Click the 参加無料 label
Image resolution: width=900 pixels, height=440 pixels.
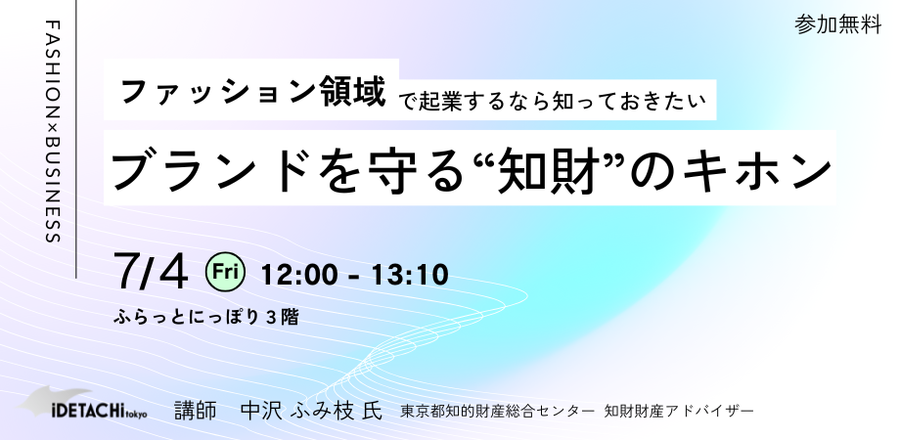point(837,24)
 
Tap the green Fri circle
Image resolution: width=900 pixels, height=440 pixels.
point(226,272)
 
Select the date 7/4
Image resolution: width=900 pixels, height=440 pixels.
point(152,272)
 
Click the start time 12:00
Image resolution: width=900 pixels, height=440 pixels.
point(298,275)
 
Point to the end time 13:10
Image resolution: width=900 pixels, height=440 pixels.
point(409,275)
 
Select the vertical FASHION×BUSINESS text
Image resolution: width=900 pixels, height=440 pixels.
point(53,132)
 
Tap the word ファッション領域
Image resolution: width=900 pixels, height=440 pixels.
point(253,91)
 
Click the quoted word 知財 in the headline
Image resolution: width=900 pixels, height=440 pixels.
point(548,170)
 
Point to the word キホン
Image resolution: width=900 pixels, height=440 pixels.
point(756,170)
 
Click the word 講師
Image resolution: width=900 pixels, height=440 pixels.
point(196,411)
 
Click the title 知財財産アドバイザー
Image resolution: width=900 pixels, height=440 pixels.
point(679,412)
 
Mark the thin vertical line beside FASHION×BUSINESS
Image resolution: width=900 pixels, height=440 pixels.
point(76,139)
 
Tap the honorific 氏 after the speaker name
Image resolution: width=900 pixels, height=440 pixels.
point(373,411)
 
